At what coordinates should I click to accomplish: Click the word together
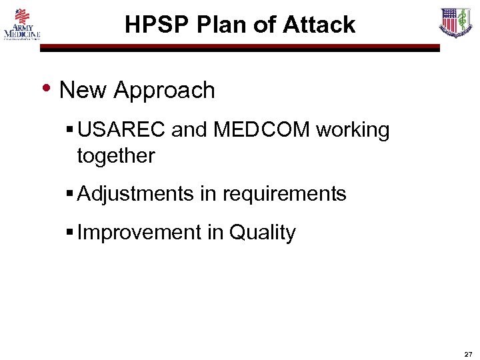tap(116, 157)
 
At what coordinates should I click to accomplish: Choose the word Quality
tap(262, 233)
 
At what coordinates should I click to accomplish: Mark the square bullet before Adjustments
tap(70, 194)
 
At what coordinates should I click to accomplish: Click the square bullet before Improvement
tap(70, 233)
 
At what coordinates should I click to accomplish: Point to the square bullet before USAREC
tap(70, 130)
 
